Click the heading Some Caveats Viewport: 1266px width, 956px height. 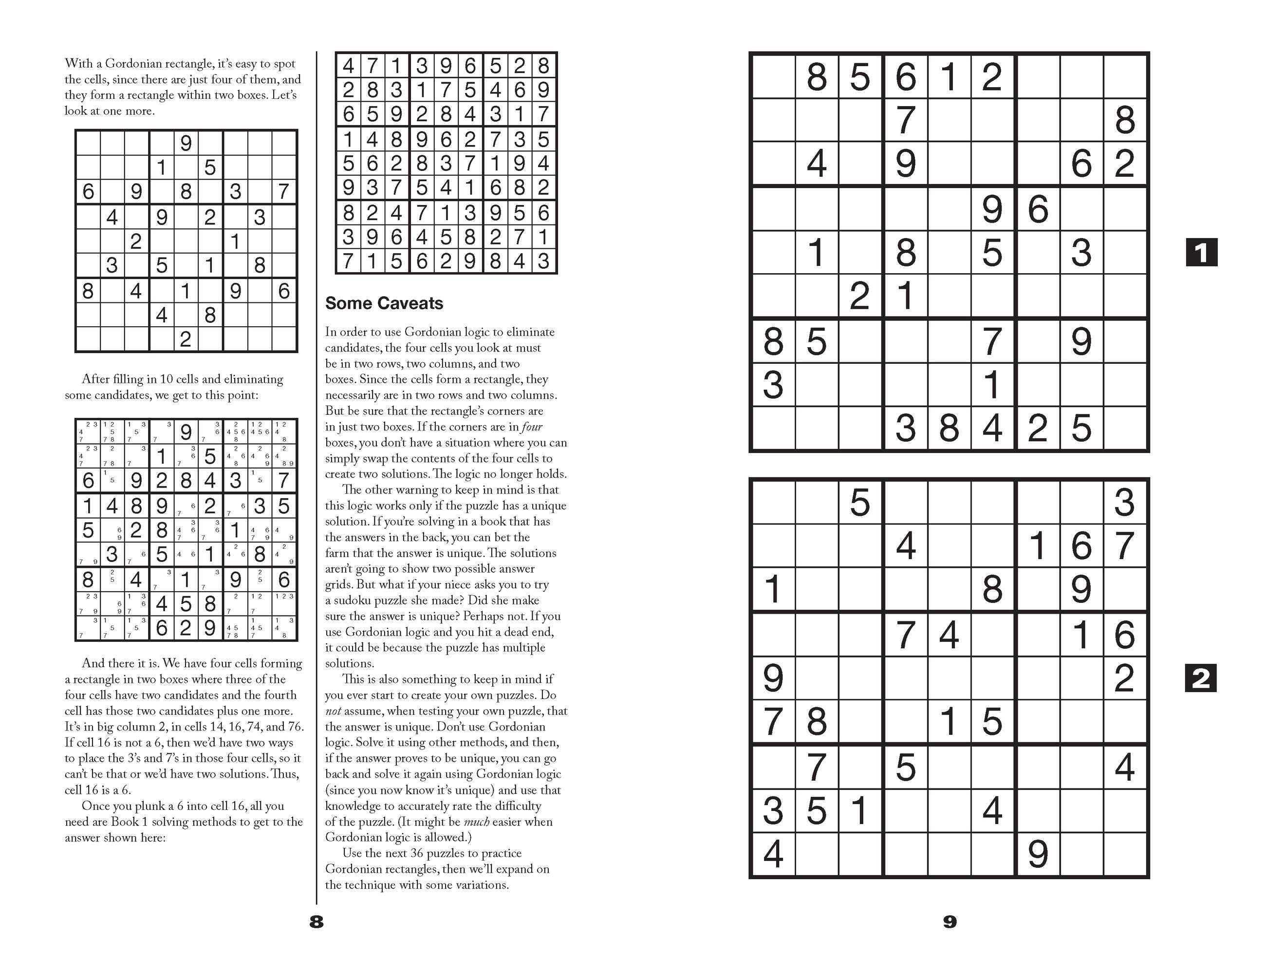click(384, 303)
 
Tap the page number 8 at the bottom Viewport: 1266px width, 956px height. click(316, 921)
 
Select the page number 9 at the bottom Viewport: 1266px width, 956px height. click(949, 921)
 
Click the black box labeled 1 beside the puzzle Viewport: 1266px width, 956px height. click(1201, 252)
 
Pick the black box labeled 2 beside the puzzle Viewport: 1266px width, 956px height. click(1201, 679)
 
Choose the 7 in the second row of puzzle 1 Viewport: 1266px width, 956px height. click(905, 120)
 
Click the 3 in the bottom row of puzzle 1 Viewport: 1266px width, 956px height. click(905, 428)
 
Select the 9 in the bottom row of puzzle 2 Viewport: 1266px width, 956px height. click(1038, 854)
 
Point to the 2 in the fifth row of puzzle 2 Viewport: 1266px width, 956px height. click(1125, 678)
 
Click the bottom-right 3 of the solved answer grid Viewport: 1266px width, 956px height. click(544, 261)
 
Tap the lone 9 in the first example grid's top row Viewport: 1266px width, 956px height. click(186, 143)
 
